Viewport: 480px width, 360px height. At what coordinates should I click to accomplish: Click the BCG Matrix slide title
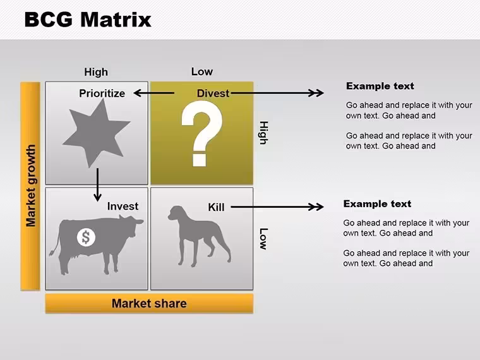click(88, 20)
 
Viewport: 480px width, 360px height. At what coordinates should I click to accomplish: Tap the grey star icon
click(96, 134)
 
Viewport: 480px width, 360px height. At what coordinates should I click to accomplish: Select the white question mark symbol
click(201, 134)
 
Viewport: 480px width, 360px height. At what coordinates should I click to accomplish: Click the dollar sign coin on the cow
click(86, 237)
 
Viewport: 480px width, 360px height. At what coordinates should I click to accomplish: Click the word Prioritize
click(102, 93)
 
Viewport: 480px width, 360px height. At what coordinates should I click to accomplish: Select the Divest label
click(213, 93)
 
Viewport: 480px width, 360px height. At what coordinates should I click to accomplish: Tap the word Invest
click(123, 207)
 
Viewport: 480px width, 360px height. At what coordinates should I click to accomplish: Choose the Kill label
click(216, 207)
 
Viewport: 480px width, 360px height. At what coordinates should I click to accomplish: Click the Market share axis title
click(149, 303)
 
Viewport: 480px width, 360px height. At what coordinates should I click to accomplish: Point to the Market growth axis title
click(30, 186)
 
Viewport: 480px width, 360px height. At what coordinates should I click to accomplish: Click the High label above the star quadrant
click(96, 72)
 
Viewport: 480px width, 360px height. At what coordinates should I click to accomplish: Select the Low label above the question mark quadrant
click(201, 71)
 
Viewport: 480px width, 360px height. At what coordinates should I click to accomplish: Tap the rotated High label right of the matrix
click(263, 133)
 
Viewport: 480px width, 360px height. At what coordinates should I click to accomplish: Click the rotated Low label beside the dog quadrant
click(263, 239)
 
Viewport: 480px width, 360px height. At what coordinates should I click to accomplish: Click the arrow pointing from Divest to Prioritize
click(154, 93)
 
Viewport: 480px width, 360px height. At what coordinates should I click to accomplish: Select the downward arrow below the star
click(97, 184)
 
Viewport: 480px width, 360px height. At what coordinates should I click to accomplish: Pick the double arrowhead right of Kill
click(316, 207)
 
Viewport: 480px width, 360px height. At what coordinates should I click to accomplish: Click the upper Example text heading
click(380, 86)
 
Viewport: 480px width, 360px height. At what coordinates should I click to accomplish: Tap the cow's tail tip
click(51, 253)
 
